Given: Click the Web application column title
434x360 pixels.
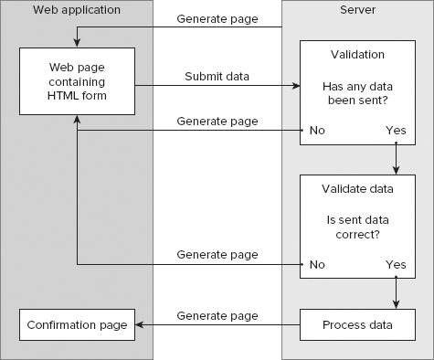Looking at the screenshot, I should coord(76,10).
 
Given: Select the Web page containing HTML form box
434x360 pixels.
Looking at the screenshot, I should coord(77,81).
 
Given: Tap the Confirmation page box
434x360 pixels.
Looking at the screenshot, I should coord(77,324).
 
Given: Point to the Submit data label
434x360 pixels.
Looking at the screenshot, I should coord(217,75).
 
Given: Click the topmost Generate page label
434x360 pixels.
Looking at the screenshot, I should coord(217,19).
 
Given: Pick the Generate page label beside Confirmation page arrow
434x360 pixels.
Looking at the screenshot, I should coord(217,316).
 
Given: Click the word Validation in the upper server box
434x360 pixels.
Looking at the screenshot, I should coord(357,55).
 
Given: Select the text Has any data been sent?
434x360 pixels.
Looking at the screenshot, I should coord(357,91).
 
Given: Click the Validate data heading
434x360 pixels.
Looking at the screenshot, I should coord(357,189).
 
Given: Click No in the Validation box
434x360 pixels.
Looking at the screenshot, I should coord(316,130).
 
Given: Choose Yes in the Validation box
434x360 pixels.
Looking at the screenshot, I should coord(396,130).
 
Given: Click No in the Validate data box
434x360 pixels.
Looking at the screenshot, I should coord(316,264).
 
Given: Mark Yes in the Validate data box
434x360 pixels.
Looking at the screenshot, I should coord(396,264).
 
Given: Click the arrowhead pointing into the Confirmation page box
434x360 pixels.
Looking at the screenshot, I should coord(140,324).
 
